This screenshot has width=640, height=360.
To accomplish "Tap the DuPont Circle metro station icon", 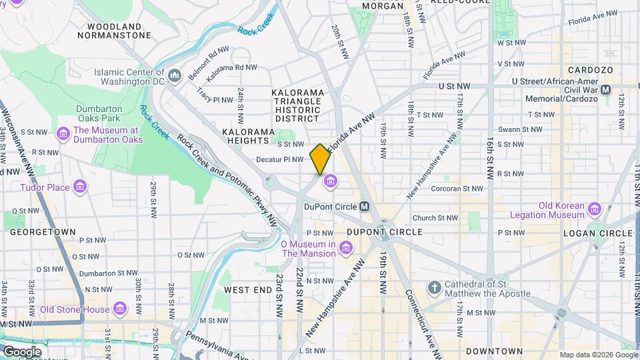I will point(365,207).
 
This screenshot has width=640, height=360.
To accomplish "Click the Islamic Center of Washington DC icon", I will point(175,76).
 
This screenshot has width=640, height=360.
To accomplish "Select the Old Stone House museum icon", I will point(120,309).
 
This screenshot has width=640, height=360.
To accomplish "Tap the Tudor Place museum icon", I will point(80,187).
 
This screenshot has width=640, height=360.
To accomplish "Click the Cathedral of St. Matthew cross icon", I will point(434,288).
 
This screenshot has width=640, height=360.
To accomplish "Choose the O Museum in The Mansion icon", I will point(345,249).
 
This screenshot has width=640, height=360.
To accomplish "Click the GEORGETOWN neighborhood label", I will point(42,232).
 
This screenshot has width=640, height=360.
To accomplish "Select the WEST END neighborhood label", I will point(247,290).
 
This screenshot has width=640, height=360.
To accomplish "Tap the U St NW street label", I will point(454,86).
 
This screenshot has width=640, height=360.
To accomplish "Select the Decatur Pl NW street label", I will point(280,159).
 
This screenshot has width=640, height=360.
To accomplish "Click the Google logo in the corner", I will point(21,351).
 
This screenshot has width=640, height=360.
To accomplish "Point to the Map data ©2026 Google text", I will point(598,355).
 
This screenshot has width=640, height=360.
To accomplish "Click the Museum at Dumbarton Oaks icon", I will point(64,135).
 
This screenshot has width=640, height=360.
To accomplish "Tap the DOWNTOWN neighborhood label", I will point(494,351).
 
